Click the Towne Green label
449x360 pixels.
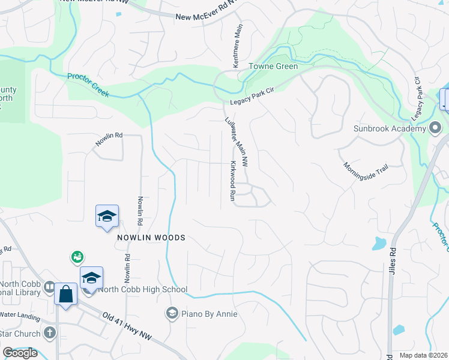click(x=274, y=66)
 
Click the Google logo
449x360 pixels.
click(x=20, y=353)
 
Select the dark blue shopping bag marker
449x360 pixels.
click(x=65, y=295)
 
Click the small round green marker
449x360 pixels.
click(x=77, y=257)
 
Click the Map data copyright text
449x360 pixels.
click(x=423, y=355)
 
